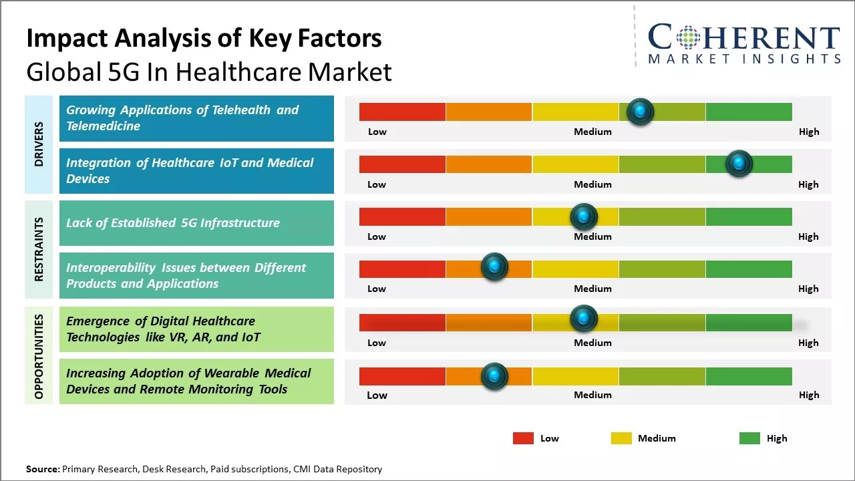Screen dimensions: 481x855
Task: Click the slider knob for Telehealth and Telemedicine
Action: [x=641, y=112]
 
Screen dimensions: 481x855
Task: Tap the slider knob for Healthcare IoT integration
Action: [x=739, y=164]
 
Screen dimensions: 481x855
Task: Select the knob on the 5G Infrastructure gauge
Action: [x=583, y=216]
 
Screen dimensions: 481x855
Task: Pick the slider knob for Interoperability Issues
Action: [x=494, y=267]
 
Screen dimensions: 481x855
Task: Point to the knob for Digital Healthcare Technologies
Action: [x=583, y=319]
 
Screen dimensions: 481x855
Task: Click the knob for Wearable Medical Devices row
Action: [x=494, y=376]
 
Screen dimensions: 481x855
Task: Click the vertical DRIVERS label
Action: [x=39, y=144]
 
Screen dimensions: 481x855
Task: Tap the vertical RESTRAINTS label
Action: [x=39, y=249]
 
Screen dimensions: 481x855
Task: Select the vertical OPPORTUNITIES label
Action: [x=39, y=356]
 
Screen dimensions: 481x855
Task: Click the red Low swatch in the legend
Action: [x=523, y=438]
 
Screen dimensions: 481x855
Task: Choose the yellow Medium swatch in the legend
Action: [x=621, y=438]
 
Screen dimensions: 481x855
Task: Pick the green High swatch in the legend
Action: [x=749, y=438]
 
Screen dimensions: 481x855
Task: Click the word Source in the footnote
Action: [x=42, y=469]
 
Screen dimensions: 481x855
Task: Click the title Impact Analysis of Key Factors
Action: [x=204, y=39]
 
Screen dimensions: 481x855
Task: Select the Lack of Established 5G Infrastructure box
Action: [x=196, y=223]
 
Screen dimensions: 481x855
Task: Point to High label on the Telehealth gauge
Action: [x=809, y=132]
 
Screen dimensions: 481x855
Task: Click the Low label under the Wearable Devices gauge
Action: [x=377, y=395]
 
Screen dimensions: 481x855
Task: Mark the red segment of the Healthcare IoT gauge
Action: [x=402, y=164]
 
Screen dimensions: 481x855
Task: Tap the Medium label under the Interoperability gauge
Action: [x=592, y=289]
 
